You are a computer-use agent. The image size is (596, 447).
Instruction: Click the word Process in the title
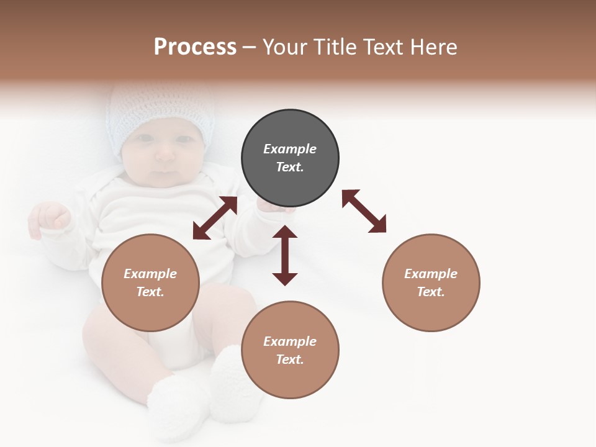tap(195, 47)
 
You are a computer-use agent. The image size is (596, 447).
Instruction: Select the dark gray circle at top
tap(290, 158)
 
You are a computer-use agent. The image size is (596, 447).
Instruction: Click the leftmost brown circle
tap(150, 283)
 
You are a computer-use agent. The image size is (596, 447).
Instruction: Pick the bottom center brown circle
tap(290, 350)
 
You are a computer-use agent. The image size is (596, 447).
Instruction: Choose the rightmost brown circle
tap(431, 283)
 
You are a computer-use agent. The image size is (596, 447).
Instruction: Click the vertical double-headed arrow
tap(285, 256)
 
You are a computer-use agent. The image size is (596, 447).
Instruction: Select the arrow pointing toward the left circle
tap(215, 218)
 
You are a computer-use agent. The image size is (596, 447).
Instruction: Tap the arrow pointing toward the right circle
tap(364, 211)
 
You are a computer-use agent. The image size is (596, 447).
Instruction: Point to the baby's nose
tap(164, 155)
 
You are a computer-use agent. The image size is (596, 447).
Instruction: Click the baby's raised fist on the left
tap(50, 217)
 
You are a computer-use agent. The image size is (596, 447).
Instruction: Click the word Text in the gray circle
tap(290, 167)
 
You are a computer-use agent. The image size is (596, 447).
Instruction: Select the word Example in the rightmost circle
tap(431, 274)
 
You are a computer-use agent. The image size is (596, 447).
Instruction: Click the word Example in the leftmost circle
tap(150, 274)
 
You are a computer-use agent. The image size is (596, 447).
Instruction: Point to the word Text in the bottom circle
tap(290, 359)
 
